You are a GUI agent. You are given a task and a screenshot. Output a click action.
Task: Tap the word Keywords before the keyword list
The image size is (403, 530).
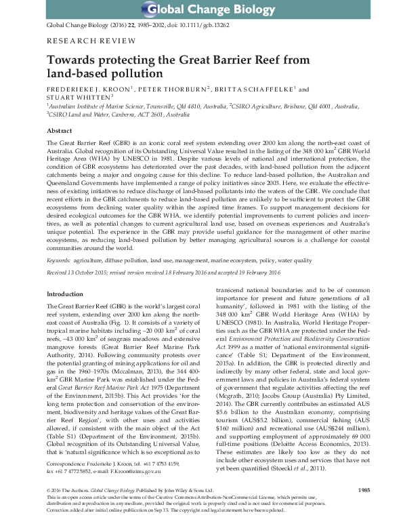point(60,260)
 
